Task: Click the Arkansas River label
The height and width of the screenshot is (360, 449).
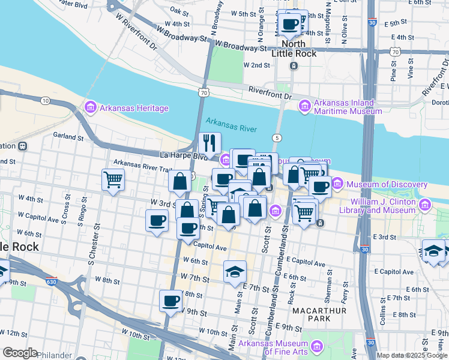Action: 231,125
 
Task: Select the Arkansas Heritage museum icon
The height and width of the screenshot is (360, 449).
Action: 91,108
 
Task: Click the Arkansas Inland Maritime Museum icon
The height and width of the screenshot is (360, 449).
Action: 304,107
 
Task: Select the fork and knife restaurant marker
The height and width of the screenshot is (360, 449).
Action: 209,143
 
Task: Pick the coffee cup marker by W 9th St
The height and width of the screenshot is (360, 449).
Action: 171,300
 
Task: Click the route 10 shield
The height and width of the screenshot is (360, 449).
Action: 46,101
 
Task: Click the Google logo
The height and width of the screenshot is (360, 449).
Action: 20,353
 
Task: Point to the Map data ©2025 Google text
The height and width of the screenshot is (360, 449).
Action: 411,355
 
